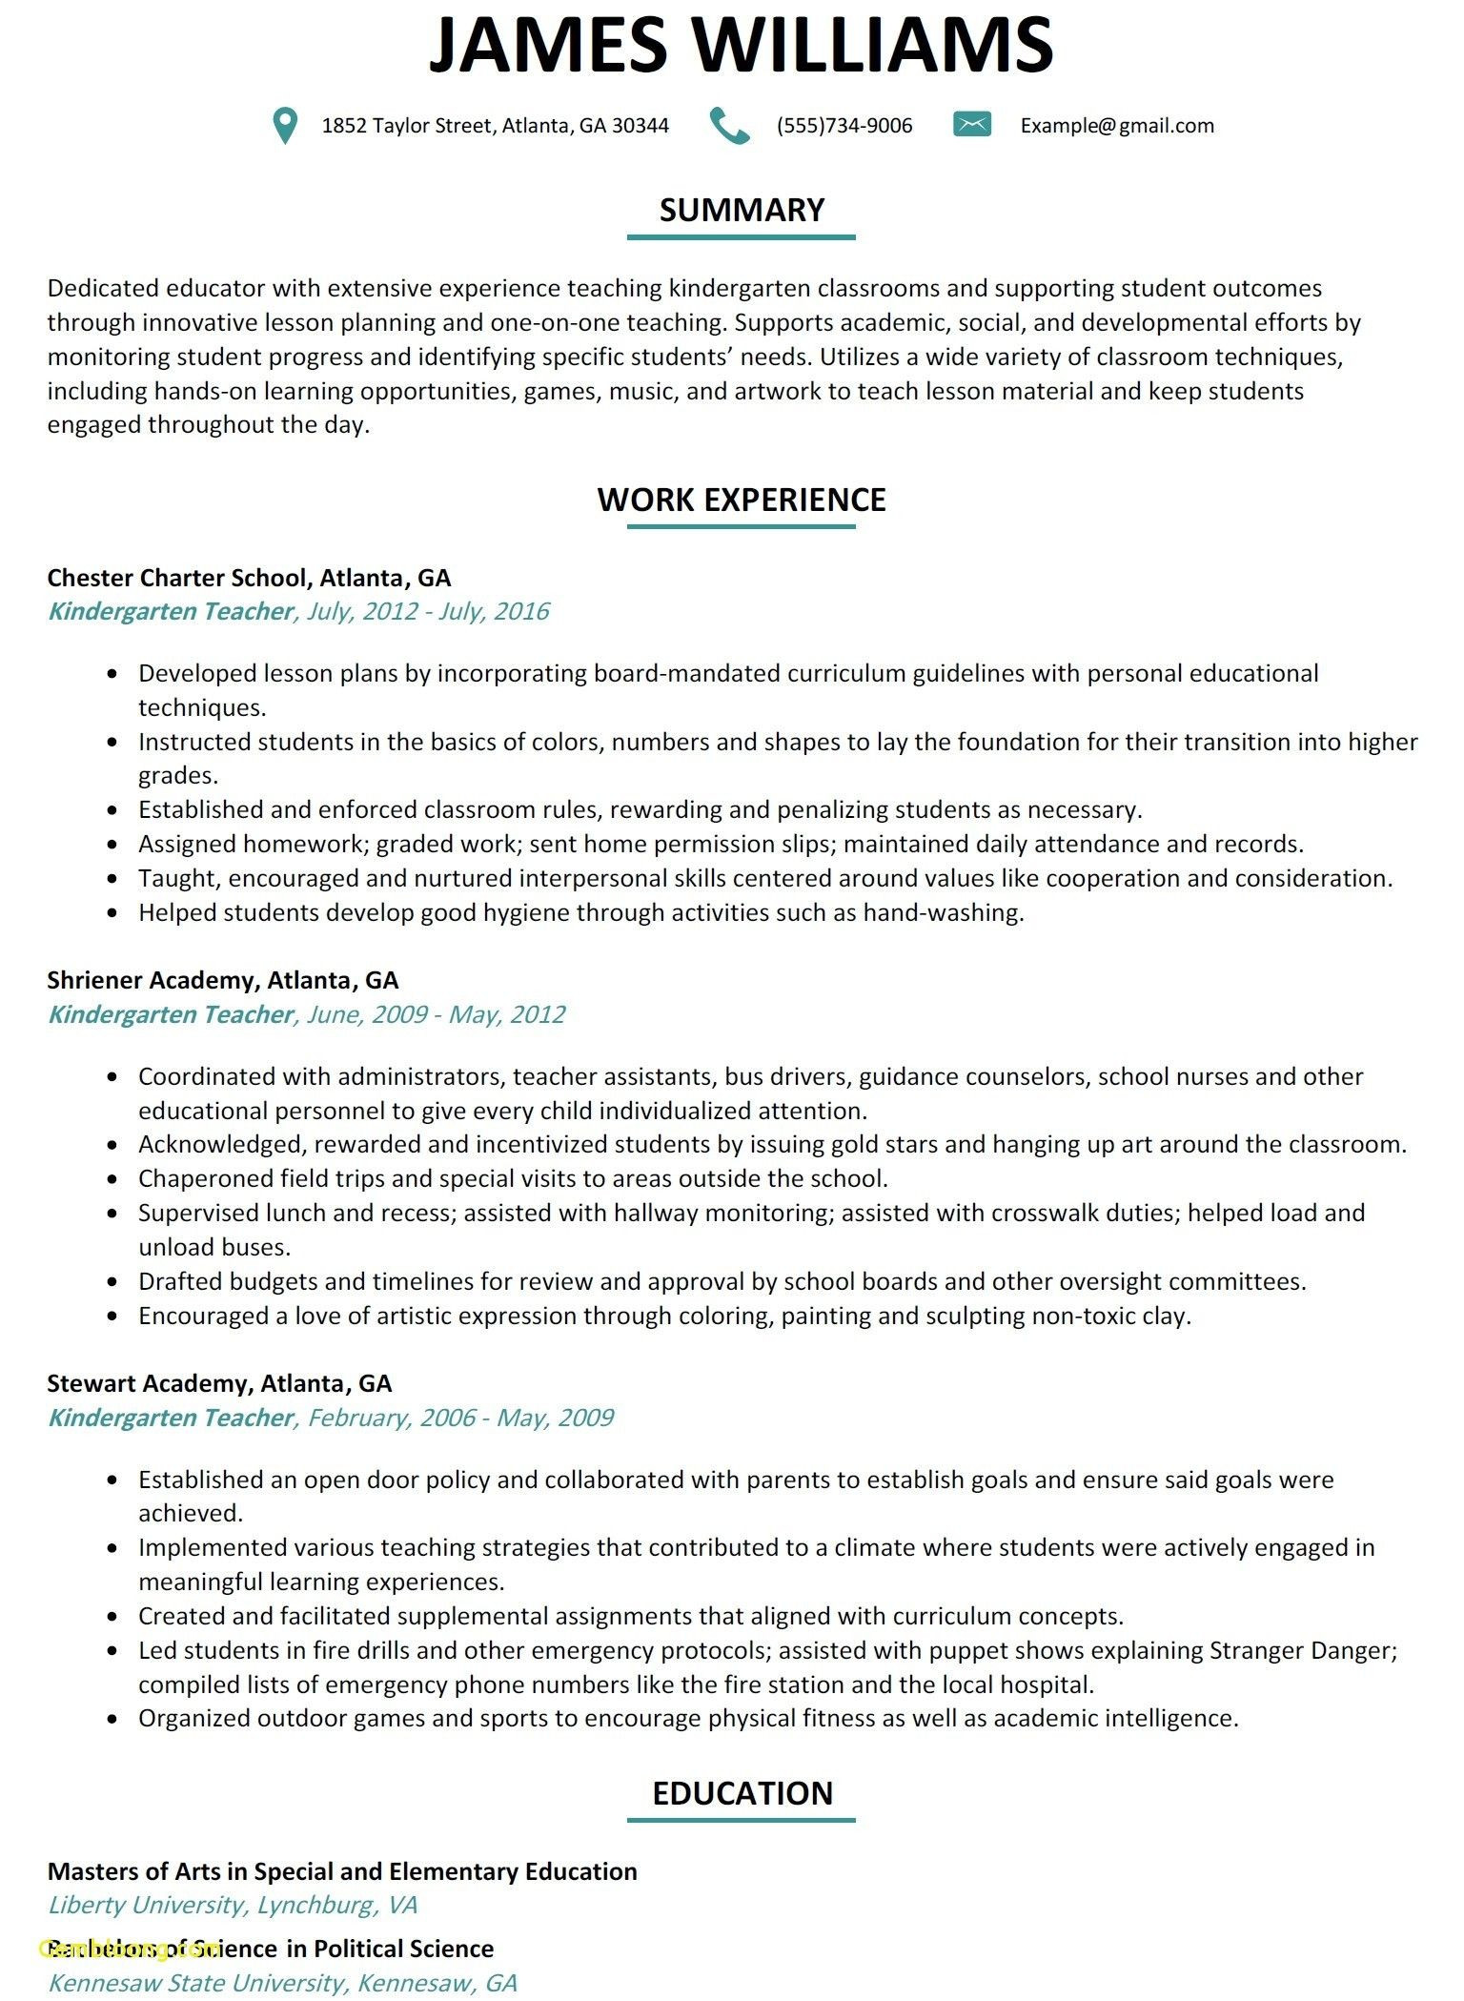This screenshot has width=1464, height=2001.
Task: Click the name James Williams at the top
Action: pos(741,44)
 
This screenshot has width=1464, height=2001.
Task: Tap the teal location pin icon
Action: pos(284,125)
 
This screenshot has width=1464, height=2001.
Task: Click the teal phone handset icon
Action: pos(730,125)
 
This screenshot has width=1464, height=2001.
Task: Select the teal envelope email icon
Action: pos(972,124)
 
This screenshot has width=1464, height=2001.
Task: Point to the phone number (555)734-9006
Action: pos(844,126)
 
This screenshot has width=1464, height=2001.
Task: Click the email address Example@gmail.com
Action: pos(1117,126)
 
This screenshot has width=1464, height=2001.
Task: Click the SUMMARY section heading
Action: pos(742,210)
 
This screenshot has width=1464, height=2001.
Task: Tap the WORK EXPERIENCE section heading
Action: pos(742,500)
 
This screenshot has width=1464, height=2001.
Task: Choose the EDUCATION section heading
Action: pos(742,1793)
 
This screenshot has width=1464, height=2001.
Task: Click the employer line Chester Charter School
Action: pos(249,578)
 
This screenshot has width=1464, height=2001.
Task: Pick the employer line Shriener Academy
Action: pos(222,980)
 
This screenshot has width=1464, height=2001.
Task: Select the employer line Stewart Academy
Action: pos(219,1383)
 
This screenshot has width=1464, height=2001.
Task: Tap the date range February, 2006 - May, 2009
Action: pos(460,1418)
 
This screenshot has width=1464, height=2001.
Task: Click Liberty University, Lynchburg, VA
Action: pos(233,1905)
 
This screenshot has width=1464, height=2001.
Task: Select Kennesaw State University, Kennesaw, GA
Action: pos(282,1983)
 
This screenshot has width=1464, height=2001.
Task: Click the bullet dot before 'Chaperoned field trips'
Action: pos(113,1179)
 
